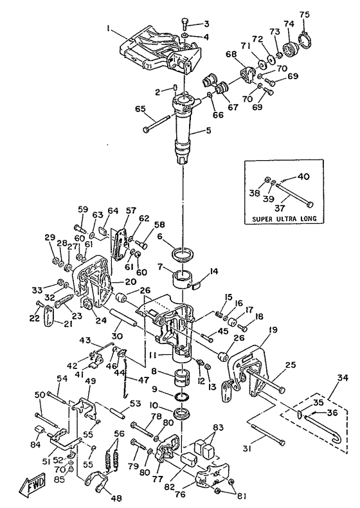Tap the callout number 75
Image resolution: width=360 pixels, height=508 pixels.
(x=304, y=14)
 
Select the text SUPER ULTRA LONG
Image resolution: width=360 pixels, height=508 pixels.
(x=284, y=219)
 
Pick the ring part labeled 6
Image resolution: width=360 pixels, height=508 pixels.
(x=183, y=254)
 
